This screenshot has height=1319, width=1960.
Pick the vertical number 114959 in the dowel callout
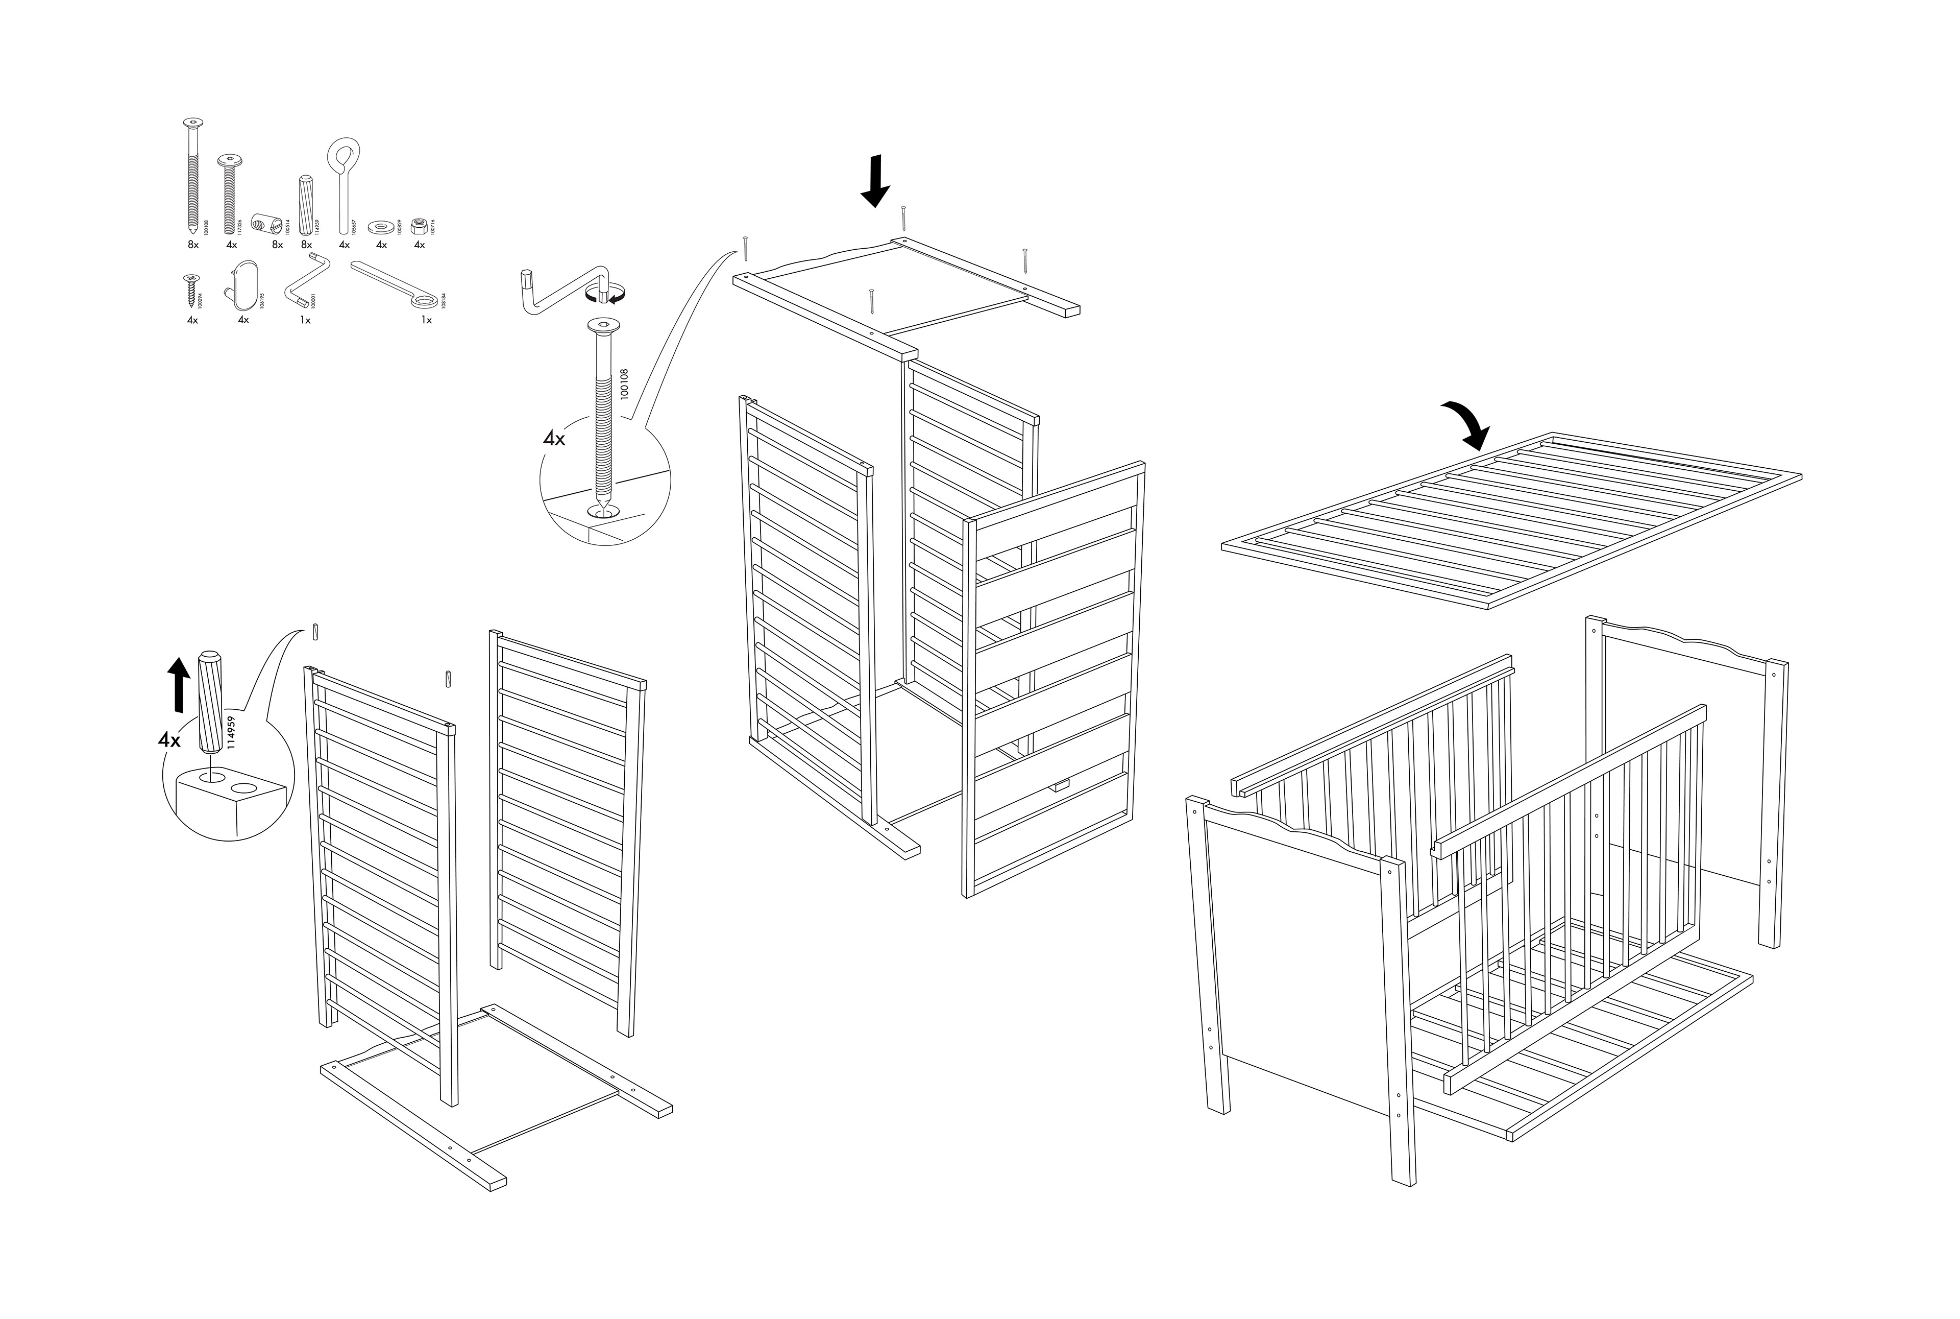click(231, 731)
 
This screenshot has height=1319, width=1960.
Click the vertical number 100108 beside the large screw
click(624, 383)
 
